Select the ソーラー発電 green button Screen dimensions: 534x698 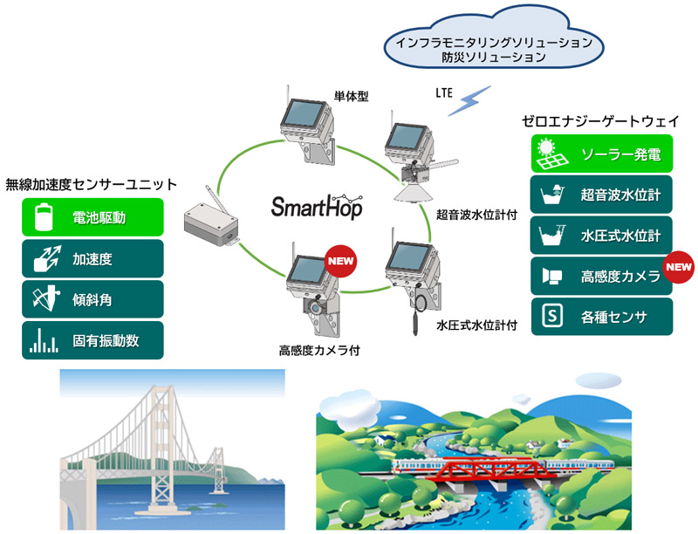601,154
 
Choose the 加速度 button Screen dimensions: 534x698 92,259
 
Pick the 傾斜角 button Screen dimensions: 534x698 92,300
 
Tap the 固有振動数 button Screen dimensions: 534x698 92,341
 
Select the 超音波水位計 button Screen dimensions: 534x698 601,195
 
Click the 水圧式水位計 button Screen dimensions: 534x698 601,236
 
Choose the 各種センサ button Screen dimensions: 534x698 601,317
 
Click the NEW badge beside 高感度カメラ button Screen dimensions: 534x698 677,267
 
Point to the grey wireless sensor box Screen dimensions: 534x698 209,225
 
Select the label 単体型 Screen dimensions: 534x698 352,96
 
